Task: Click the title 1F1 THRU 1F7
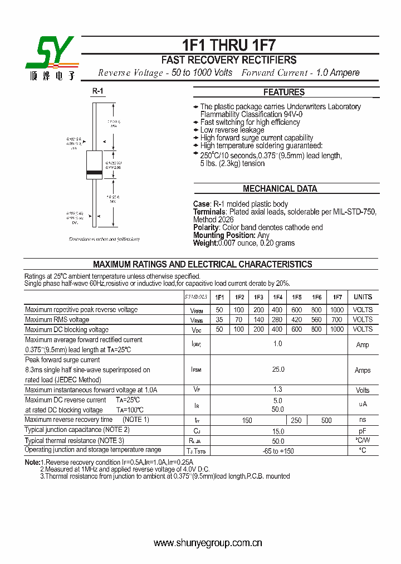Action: click(229, 45)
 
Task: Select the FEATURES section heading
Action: click(283, 93)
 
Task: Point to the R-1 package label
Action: click(97, 91)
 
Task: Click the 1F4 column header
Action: click(277, 298)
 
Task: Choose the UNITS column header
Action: click(363, 298)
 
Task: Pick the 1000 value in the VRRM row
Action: click(336, 310)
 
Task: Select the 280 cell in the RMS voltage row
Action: click(277, 320)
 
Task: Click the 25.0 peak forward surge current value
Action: click(278, 369)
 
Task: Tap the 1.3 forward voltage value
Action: click(278, 390)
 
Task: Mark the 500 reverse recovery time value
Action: click(326, 421)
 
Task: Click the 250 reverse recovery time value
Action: click(296, 421)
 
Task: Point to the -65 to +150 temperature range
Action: click(278, 451)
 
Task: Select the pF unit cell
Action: click(363, 431)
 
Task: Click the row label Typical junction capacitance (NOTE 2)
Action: click(77, 430)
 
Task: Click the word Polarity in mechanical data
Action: click(206, 227)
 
